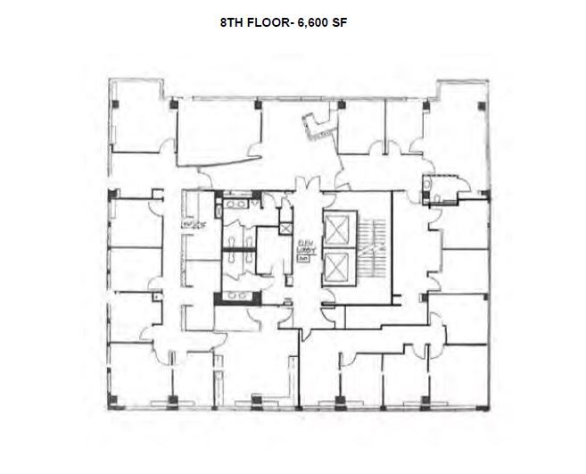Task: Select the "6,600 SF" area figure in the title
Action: point(321,24)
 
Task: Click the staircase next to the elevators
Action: point(376,249)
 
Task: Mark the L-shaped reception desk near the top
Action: point(317,130)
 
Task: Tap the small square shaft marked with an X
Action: point(285,229)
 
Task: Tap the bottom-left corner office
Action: point(134,375)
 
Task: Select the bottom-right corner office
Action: point(459,375)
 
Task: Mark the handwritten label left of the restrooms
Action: point(189,222)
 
